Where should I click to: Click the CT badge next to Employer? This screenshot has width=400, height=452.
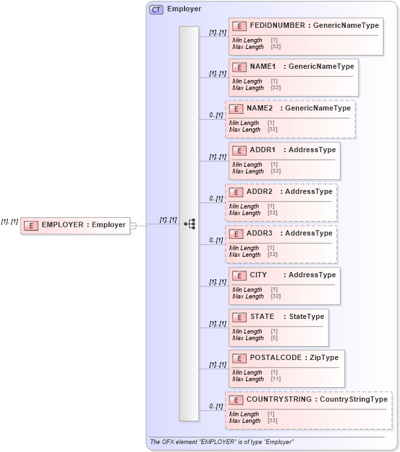[x=157, y=9]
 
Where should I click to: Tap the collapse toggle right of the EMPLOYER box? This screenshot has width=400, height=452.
[x=133, y=226]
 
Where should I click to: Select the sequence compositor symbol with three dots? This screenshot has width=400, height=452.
[x=189, y=224]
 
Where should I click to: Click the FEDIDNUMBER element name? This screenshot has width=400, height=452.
[x=277, y=25]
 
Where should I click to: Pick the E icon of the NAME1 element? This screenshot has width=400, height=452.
[x=239, y=67]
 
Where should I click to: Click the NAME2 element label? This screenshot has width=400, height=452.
[x=259, y=108]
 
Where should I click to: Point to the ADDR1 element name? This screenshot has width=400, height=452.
[x=262, y=150]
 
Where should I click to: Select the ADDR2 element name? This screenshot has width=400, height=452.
[x=259, y=191]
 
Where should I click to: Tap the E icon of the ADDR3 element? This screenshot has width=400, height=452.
[x=236, y=234]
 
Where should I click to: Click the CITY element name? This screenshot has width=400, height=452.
[x=259, y=275]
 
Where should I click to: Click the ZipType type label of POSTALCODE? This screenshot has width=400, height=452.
[x=323, y=357]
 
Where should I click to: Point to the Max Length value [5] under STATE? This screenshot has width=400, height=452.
[x=274, y=338]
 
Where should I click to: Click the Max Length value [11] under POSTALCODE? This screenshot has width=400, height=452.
[x=275, y=379]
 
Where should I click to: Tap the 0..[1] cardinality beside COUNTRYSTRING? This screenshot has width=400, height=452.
[x=216, y=406]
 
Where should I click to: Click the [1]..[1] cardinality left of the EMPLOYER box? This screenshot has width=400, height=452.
[x=9, y=222]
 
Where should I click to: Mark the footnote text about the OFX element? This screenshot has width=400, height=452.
[x=221, y=442]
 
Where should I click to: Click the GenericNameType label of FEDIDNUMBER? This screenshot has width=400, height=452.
[x=346, y=25]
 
